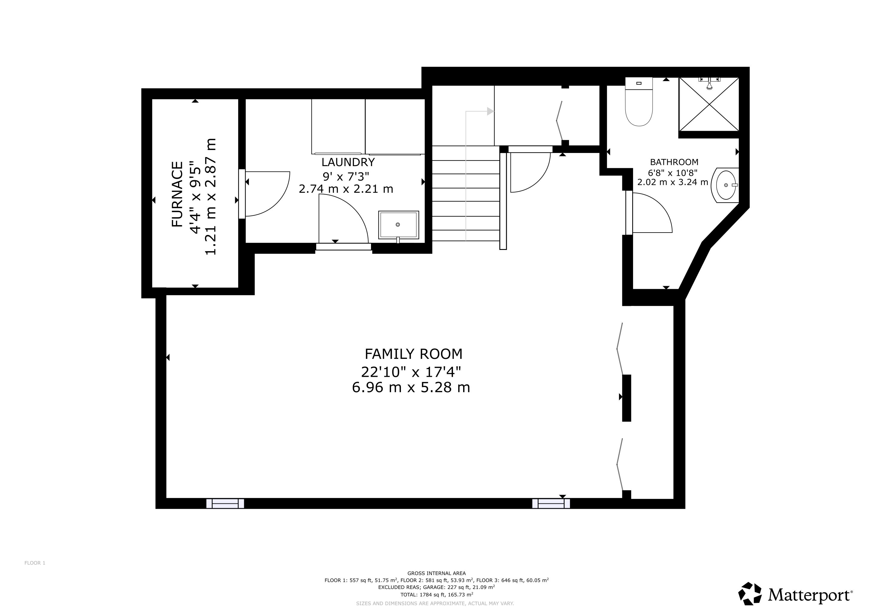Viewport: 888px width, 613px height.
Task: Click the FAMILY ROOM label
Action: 413,354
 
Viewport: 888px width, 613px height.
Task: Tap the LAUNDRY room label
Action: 348,162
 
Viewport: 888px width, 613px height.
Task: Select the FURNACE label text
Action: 177,194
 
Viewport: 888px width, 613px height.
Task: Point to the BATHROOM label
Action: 674,162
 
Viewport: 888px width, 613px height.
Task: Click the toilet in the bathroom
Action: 639,102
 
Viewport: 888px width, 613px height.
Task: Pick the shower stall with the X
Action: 709,104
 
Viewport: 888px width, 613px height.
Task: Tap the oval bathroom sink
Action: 725,185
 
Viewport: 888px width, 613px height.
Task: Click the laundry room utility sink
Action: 399,225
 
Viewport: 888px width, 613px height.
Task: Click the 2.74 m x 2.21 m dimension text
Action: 346,189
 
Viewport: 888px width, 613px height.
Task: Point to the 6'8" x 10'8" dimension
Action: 673,173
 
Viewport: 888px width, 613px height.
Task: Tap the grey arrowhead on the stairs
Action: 490,111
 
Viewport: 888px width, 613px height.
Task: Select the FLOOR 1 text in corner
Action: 35,563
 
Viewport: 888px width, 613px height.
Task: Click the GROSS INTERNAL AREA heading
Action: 437,573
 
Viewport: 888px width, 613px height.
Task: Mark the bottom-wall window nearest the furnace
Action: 225,503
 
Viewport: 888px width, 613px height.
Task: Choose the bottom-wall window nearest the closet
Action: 551,503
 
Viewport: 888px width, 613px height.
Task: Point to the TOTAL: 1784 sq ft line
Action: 437,594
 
